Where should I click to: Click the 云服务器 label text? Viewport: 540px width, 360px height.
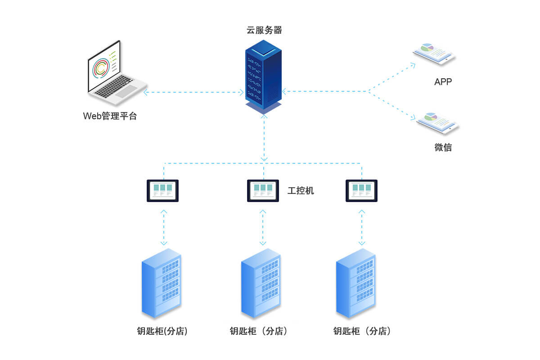click(264, 30)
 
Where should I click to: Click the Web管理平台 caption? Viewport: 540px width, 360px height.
click(110, 116)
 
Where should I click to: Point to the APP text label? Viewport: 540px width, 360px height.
click(443, 82)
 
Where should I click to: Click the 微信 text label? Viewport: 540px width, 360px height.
click(443, 147)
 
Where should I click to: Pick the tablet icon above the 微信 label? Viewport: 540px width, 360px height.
click(437, 121)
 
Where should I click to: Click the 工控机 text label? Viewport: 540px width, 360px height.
click(301, 191)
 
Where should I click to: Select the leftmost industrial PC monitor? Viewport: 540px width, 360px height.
click(163, 190)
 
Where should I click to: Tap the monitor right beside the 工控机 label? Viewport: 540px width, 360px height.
click(263, 190)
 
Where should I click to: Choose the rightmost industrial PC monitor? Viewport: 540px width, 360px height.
click(361, 190)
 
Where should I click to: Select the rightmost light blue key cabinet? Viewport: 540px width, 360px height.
click(356, 283)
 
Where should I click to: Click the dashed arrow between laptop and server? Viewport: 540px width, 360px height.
click(193, 92)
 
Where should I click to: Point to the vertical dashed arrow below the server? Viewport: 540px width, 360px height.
click(264, 137)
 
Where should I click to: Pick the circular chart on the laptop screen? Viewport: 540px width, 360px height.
click(100, 67)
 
